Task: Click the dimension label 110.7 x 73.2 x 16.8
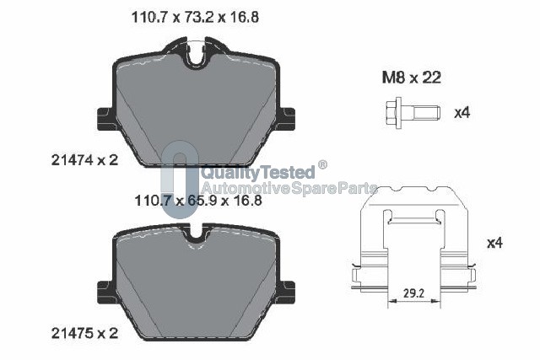click(x=195, y=17)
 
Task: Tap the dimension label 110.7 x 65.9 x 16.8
click(x=198, y=201)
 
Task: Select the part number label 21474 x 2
click(x=84, y=160)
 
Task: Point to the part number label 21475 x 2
click(x=84, y=333)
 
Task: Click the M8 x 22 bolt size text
click(x=412, y=78)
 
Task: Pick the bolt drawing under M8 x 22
click(x=413, y=112)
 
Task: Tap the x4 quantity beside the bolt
click(x=462, y=112)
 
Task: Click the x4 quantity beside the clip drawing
click(x=495, y=243)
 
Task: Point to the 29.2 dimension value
click(x=414, y=293)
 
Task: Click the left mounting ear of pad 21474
click(x=105, y=119)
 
